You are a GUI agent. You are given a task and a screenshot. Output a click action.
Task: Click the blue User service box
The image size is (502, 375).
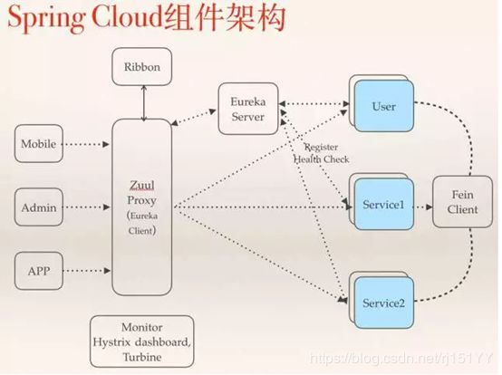(383, 107)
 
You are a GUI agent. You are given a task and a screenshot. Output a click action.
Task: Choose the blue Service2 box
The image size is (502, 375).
(383, 301)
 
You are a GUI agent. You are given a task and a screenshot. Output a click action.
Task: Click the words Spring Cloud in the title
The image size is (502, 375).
(87, 20)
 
